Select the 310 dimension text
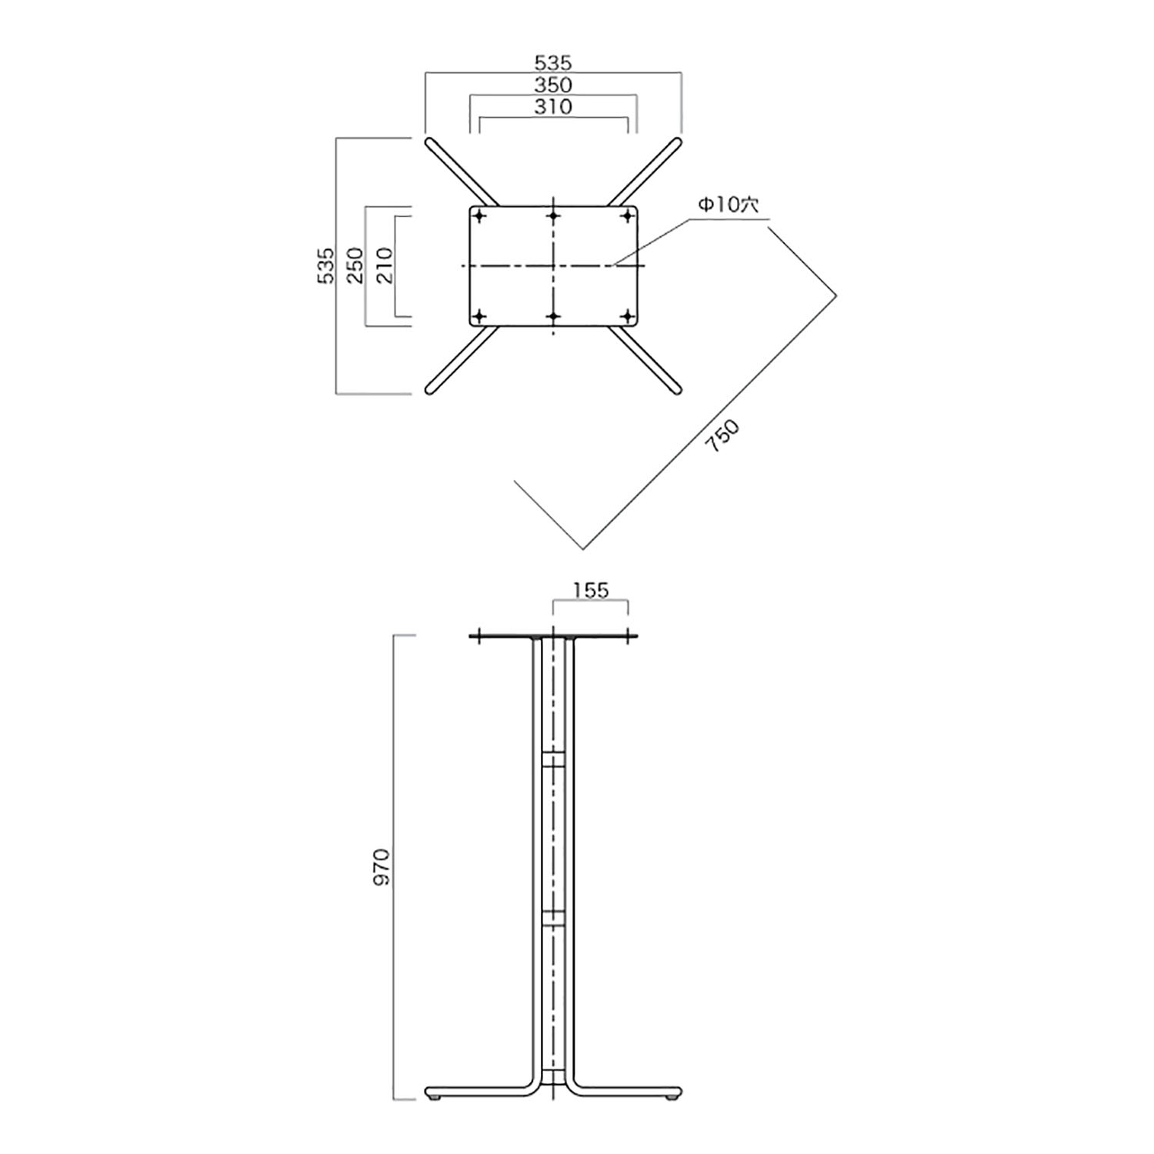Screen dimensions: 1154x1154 (553, 106)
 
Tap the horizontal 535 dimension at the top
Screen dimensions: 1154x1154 (553, 62)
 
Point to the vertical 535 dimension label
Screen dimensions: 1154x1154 (326, 265)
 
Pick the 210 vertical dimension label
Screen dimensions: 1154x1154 (384, 265)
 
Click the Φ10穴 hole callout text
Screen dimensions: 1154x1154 (728, 205)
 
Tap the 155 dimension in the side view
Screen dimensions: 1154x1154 (591, 590)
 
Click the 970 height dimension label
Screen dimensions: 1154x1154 (382, 867)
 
